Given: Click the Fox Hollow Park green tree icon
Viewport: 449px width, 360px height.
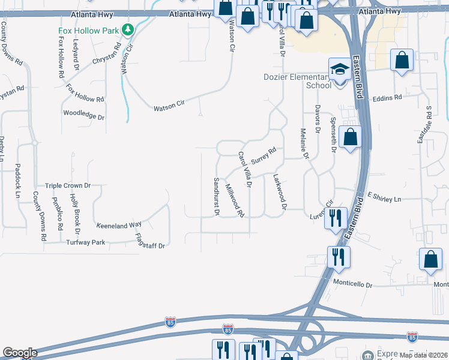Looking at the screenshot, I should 127,29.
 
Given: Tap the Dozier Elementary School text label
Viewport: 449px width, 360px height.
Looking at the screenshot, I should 298,81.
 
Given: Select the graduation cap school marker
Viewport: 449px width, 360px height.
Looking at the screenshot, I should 340,69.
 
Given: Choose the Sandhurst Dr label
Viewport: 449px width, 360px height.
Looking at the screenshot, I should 217,196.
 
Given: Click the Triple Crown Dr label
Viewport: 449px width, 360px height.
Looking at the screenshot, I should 67,186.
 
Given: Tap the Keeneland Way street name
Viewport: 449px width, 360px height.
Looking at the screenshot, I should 119,226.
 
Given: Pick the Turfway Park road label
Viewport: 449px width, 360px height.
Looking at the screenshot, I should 85,242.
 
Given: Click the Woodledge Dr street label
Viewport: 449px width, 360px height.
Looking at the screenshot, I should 83,114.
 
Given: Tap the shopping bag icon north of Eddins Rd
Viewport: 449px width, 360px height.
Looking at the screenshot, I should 402,61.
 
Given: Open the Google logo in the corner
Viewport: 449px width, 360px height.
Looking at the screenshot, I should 19,353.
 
